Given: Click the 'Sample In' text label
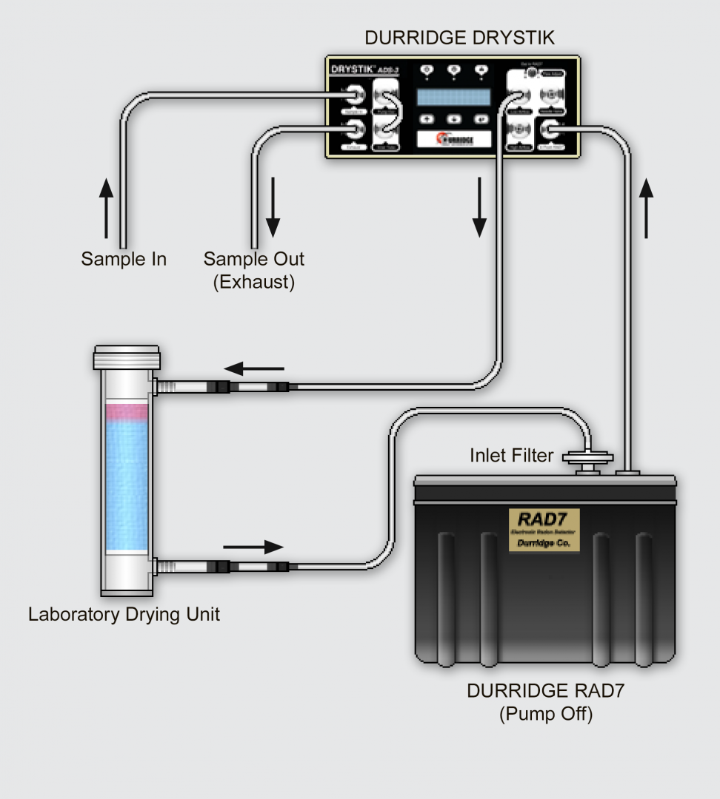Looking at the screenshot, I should [x=124, y=259].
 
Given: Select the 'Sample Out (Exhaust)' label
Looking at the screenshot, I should [x=254, y=270].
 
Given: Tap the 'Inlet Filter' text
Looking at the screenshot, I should [x=511, y=455].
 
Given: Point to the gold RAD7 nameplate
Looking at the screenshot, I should [x=544, y=530].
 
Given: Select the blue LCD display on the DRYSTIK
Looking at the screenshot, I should [x=453, y=97].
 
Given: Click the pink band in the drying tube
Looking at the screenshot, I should [x=127, y=414].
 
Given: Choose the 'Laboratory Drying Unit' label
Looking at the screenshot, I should [x=124, y=614].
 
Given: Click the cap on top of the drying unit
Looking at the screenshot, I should [x=125, y=357].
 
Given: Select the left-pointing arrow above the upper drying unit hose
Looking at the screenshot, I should [x=254, y=368].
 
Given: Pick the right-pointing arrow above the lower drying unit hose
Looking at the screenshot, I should [x=253, y=547].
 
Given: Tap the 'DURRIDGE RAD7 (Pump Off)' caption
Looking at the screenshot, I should [x=545, y=702].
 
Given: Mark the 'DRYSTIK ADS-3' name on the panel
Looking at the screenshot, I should [x=364, y=70].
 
